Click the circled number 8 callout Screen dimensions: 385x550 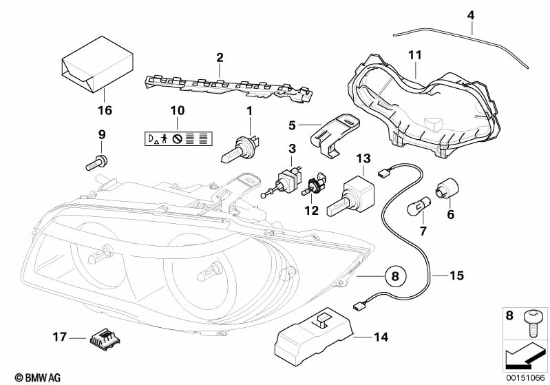pos(395,277)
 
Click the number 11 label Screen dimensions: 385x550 pos(414,54)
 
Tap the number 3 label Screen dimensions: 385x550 pos(292,148)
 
